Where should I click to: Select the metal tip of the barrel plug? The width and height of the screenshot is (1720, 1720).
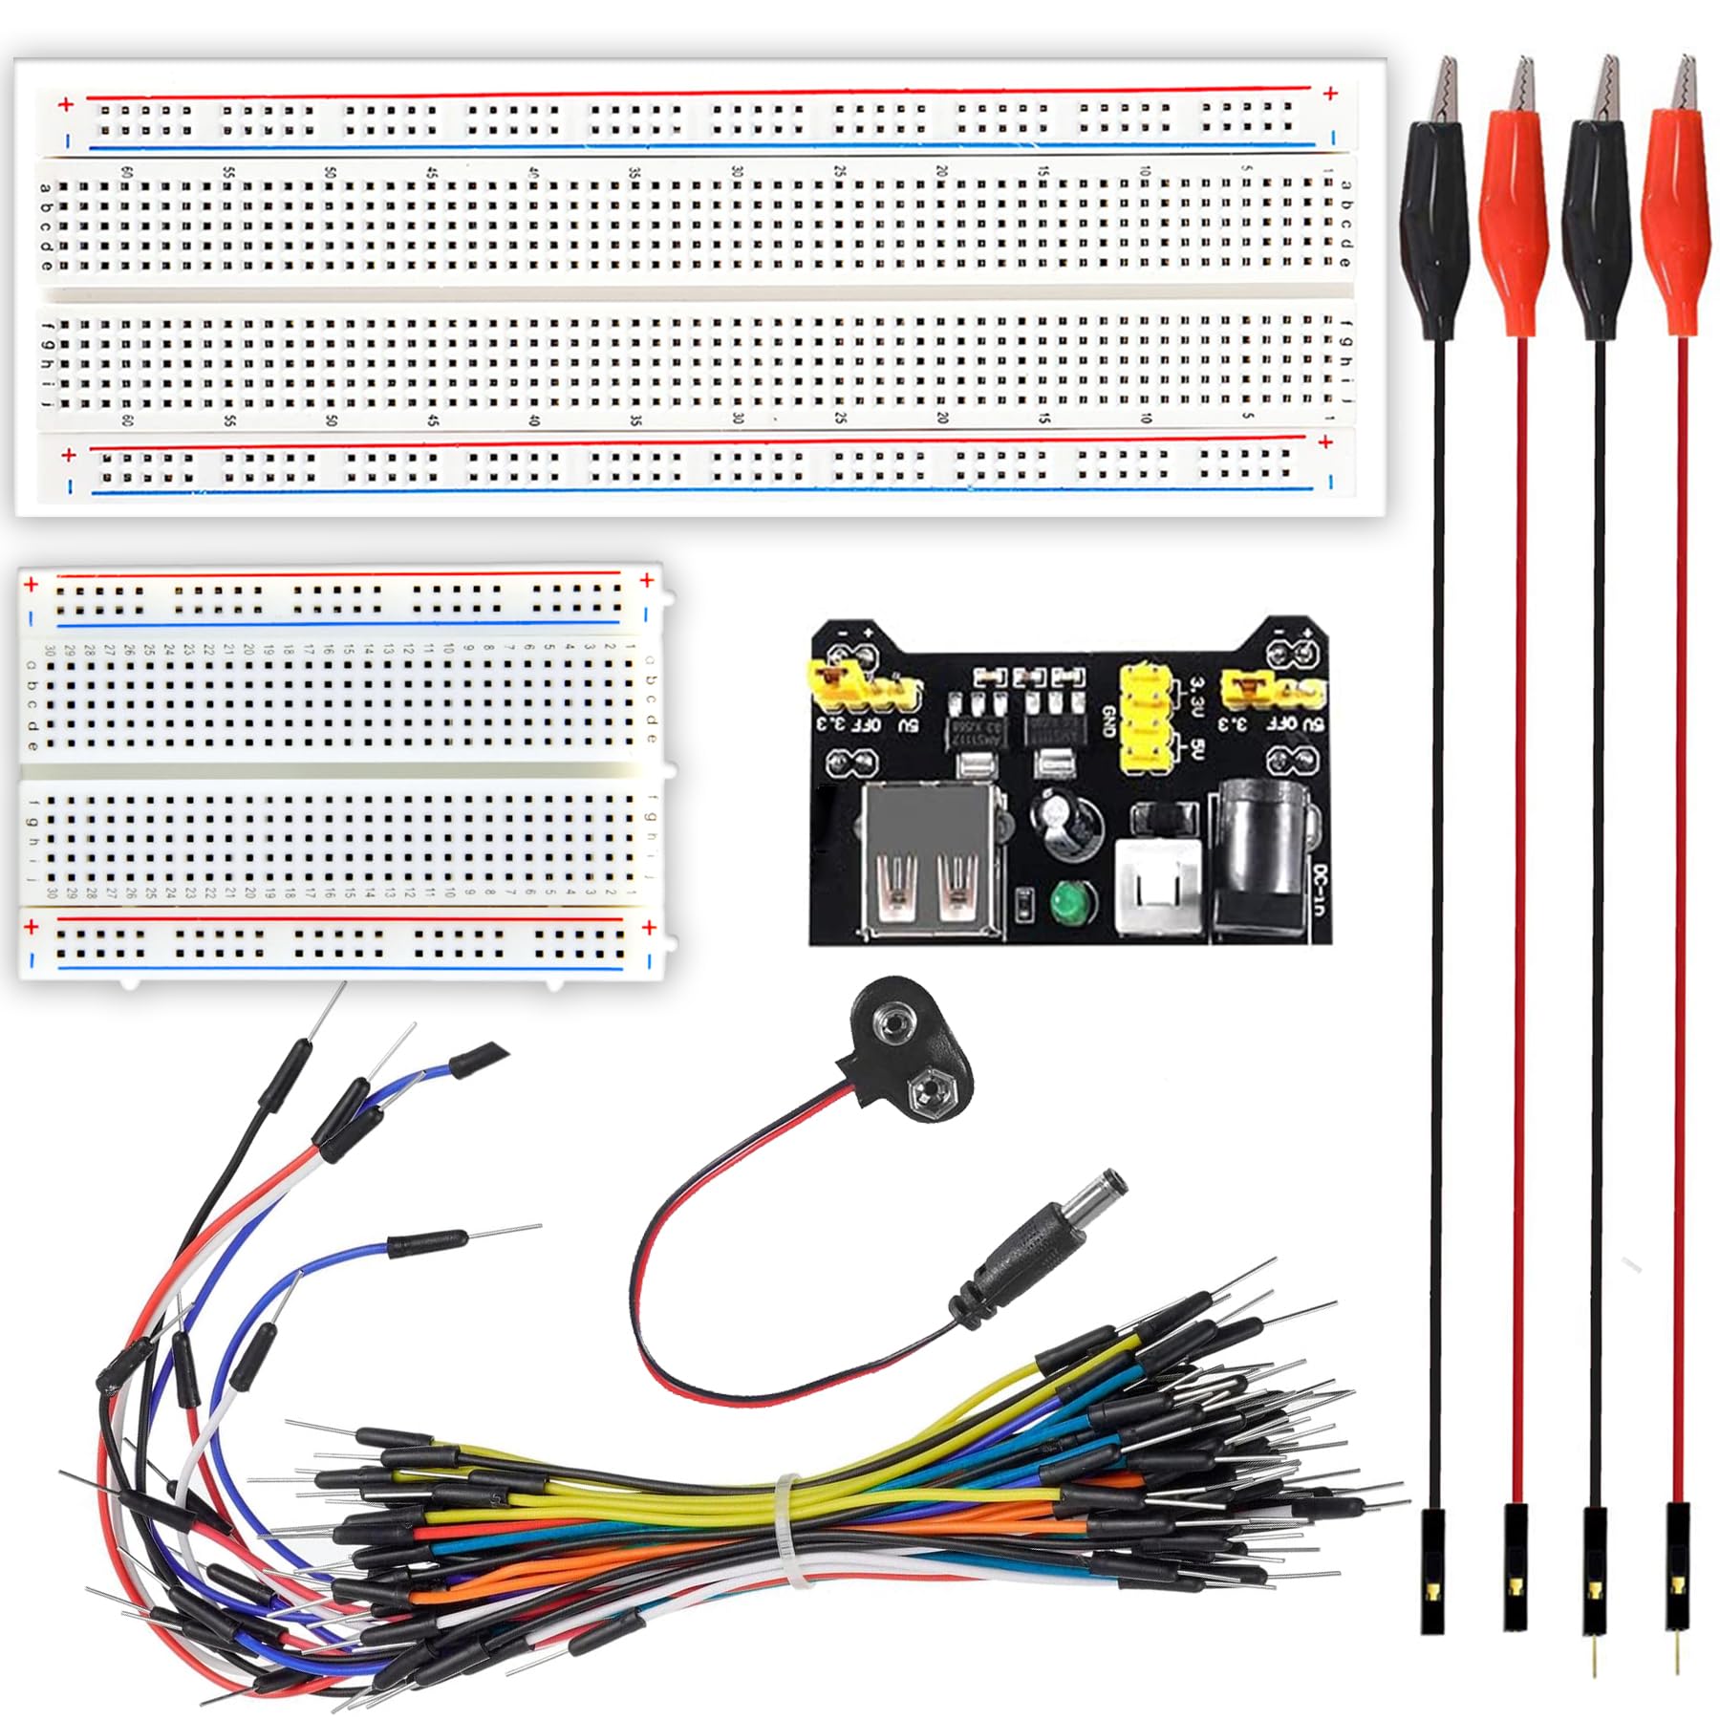[x=1114, y=1181]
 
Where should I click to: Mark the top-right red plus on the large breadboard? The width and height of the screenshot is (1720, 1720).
[x=1330, y=93]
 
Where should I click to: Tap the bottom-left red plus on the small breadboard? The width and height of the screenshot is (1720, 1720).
[x=32, y=927]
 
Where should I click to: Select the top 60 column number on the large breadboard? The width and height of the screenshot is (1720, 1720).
[x=125, y=172]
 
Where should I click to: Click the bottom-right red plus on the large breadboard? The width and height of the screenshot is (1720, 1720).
[x=1324, y=442]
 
